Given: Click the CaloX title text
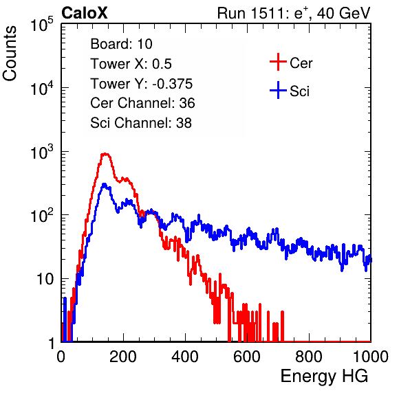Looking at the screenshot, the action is click(85, 13).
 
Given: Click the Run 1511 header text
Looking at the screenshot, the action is click(294, 13).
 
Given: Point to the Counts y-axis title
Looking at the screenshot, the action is click(10, 54).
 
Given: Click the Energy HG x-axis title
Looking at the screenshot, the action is click(324, 377).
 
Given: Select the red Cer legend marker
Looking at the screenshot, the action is click(278, 62).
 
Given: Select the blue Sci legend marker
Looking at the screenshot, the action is click(278, 91).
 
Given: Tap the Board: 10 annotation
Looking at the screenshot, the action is click(121, 44).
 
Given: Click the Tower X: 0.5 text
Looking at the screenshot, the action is click(131, 64).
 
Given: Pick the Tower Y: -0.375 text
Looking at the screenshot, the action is click(142, 84).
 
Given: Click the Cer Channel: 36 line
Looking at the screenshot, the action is click(142, 103).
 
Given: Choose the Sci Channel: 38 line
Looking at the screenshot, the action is click(141, 123).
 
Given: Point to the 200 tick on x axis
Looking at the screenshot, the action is click(123, 357).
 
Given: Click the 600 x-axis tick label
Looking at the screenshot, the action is click(247, 357).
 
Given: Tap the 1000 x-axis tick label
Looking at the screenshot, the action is click(371, 357).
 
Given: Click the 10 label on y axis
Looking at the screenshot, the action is click(45, 279).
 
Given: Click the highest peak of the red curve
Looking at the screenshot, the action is click(105, 154).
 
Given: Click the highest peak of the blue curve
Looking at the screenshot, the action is click(104, 184).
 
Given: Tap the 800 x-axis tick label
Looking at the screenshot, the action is click(309, 357).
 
